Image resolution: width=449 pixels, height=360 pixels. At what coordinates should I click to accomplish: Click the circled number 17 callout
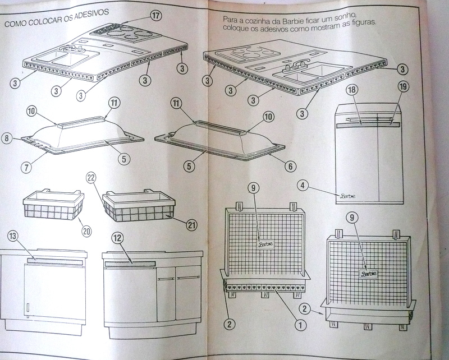point(155,16)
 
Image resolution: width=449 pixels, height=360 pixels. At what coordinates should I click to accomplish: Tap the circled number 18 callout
point(352,90)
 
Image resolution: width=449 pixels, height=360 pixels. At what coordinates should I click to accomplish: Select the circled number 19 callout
point(403,86)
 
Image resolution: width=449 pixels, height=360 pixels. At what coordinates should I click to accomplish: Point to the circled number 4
point(303,186)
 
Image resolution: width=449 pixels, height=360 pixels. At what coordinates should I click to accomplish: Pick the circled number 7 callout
point(26,168)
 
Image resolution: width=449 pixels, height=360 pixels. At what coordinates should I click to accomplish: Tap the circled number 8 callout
point(7,139)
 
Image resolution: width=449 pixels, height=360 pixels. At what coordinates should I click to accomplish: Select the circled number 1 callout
point(300,325)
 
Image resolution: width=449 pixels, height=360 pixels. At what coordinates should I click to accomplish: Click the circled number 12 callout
point(118,238)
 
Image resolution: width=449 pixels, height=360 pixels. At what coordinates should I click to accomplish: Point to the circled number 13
point(13,236)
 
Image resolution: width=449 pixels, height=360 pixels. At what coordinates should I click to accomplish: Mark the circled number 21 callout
point(191,225)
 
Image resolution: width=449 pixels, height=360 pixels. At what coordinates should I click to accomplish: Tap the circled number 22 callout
point(91,178)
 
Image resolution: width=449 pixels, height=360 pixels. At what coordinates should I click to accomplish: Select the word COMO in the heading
point(15,23)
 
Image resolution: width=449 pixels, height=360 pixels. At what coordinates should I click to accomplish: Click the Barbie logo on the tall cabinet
point(347,196)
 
